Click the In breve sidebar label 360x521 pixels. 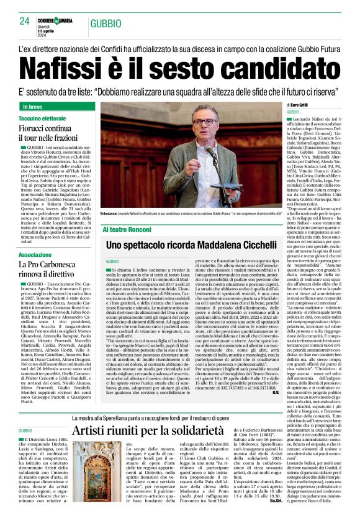pos(35,107)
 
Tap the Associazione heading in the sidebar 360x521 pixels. pos(35,255)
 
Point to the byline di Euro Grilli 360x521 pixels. pos(305,107)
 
